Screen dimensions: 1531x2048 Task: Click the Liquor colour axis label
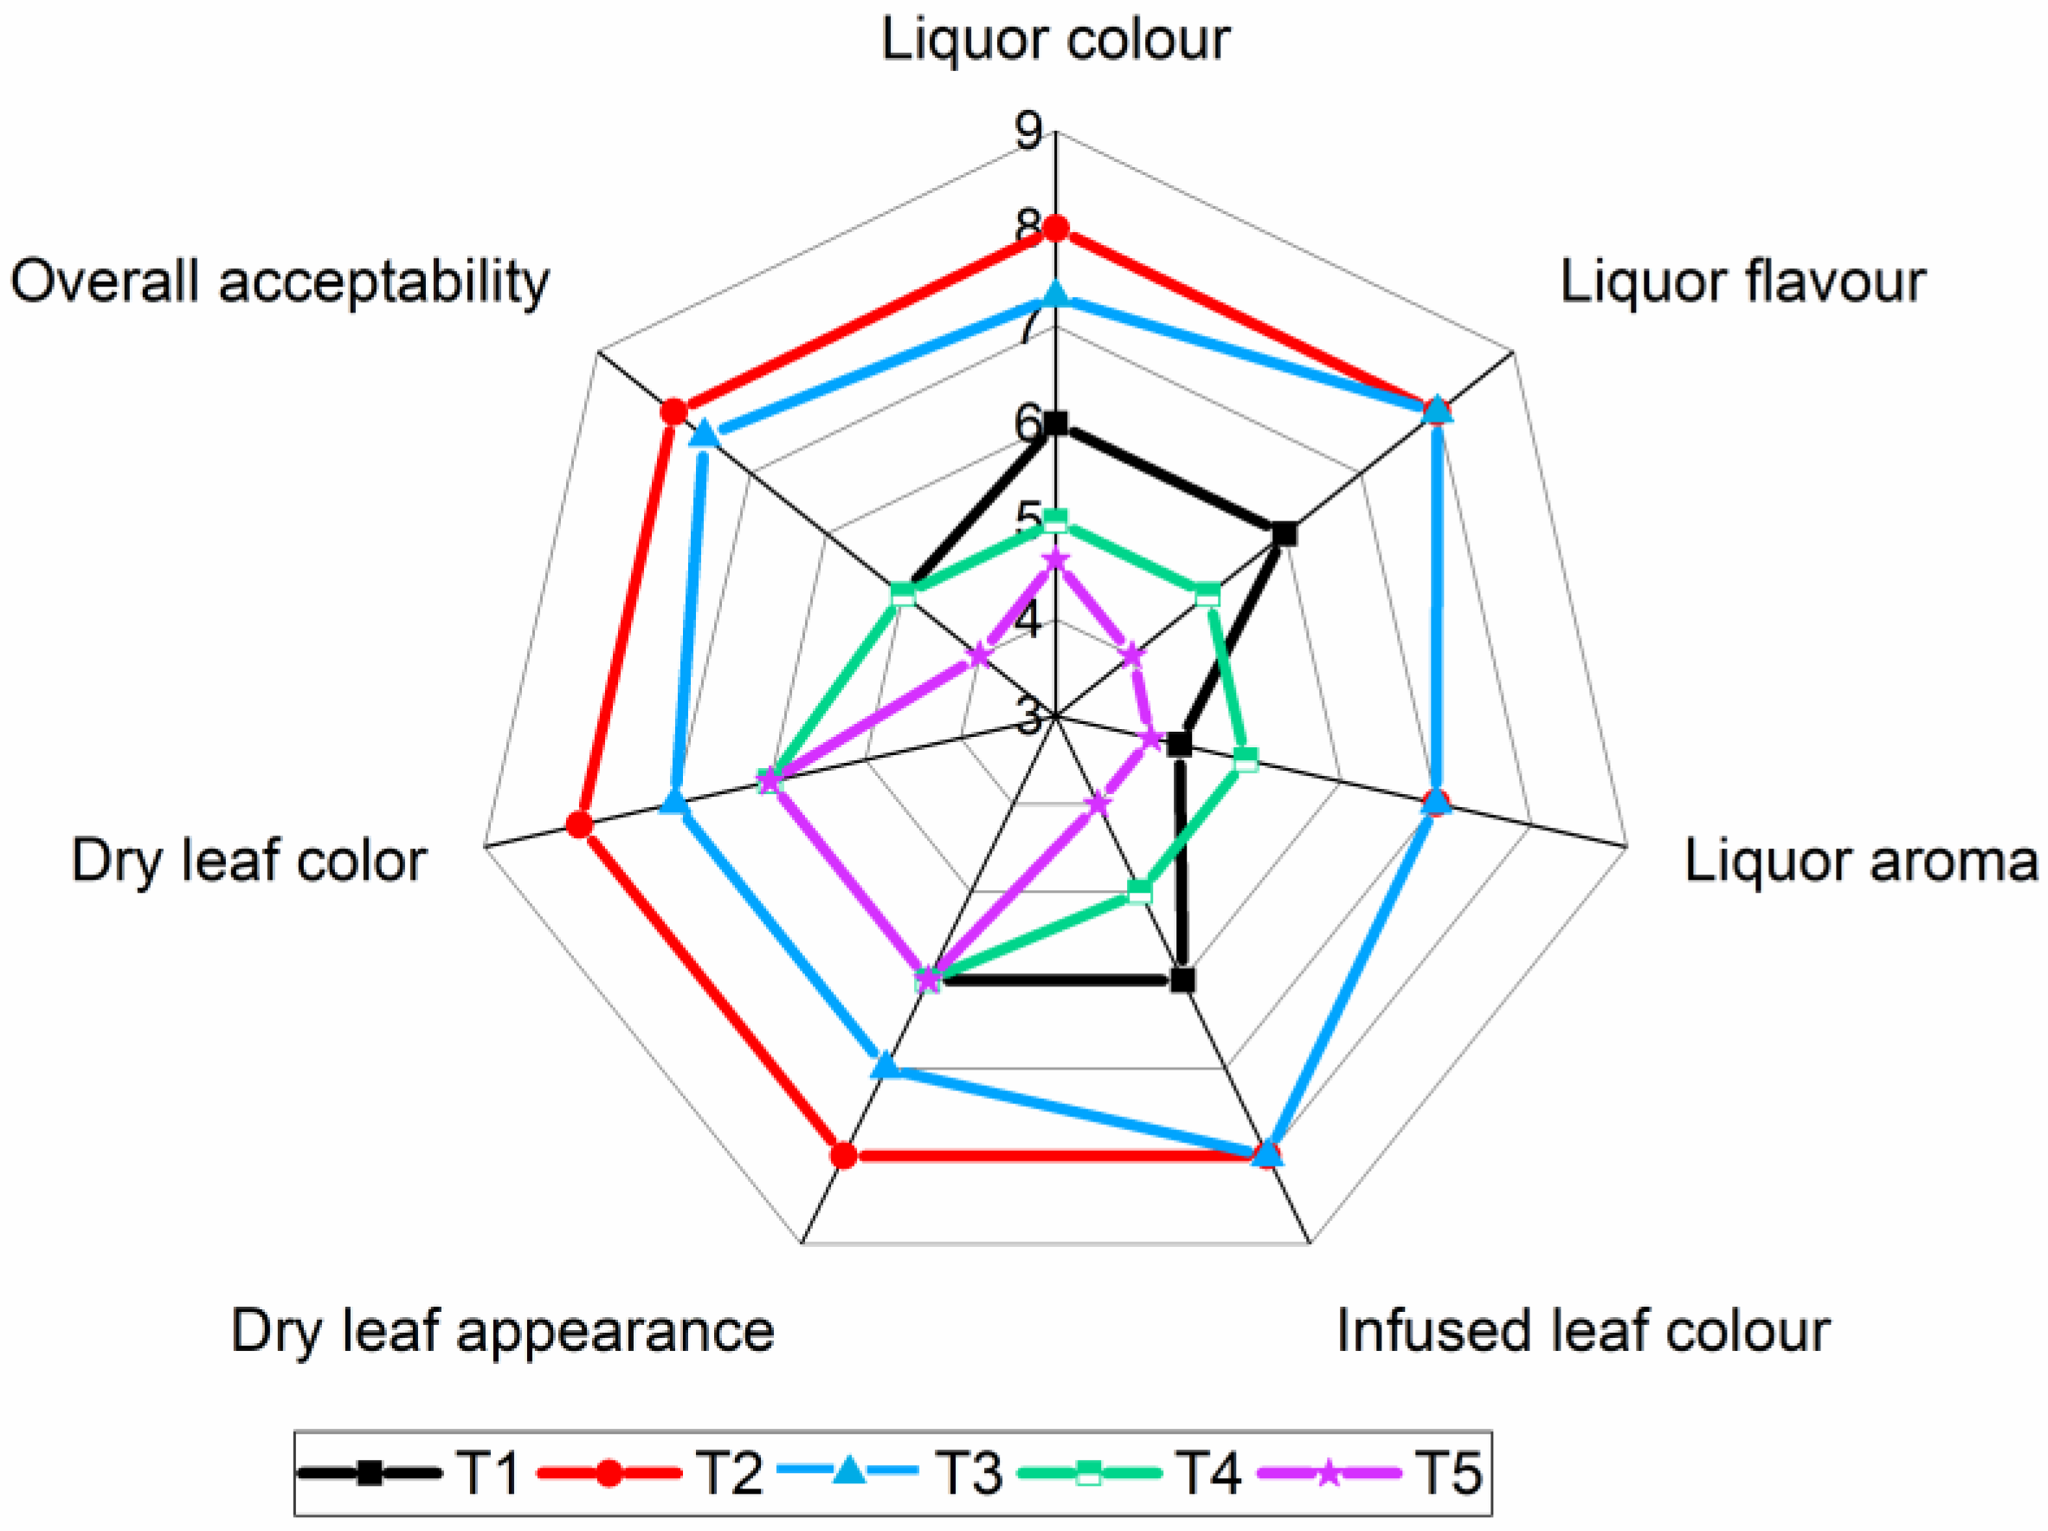[x=1054, y=41]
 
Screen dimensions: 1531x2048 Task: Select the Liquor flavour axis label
[x=1742, y=282]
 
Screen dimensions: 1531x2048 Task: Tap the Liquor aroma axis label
[x=1860, y=862]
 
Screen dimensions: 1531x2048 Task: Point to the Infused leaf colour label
[x=1583, y=1332]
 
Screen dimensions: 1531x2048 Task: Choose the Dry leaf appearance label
[x=503, y=1332]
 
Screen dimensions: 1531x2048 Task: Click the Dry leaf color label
[x=249, y=862]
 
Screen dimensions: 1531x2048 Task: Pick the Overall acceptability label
[x=280, y=282]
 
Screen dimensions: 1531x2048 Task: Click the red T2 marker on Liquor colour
[x=1055, y=228]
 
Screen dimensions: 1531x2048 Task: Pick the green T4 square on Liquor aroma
[x=1246, y=760]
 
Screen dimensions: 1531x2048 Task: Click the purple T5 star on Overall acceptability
[x=979, y=656]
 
